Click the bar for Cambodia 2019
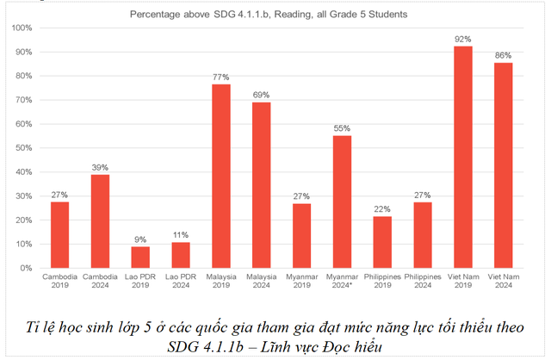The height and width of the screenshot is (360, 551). [x=59, y=234]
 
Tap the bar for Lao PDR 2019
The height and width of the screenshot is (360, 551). [x=140, y=257]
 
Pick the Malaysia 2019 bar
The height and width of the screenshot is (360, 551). [x=221, y=176]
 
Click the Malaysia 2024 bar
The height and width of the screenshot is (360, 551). [x=261, y=185]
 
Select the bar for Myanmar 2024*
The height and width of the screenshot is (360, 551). [x=342, y=202]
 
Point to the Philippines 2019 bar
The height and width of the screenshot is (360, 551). [x=382, y=242]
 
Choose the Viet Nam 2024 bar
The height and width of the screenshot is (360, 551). [x=504, y=164]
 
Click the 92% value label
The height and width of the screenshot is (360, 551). [x=463, y=39]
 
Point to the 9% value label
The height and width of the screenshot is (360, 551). [x=140, y=239]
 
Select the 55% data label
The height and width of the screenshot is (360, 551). [x=342, y=128]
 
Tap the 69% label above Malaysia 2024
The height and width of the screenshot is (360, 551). [x=261, y=95]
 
